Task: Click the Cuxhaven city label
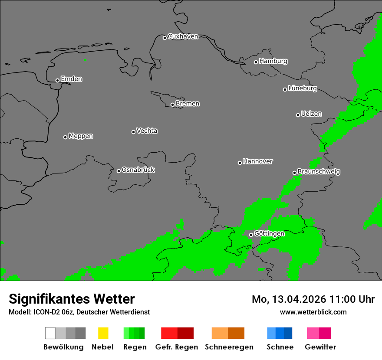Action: coord(183,36)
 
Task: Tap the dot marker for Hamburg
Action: coord(256,62)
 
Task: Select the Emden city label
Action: coord(71,79)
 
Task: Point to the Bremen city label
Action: coord(188,104)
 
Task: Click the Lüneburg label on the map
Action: coord(302,88)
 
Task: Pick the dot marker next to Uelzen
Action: coord(298,115)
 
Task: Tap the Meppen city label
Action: coord(81,136)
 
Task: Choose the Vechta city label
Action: coord(147,131)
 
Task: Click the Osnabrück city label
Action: coord(138,170)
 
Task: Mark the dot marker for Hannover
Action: coord(240,163)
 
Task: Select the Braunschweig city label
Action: coord(319,172)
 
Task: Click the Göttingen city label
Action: coord(269,233)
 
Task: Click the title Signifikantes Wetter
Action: coord(72,299)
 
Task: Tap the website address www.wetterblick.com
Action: coord(313,312)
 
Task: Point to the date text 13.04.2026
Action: coord(299,299)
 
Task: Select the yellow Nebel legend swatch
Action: coord(103,333)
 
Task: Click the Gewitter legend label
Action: coord(320,347)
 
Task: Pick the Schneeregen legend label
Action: coord(229,347)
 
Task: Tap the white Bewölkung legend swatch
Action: coord(50,333)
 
